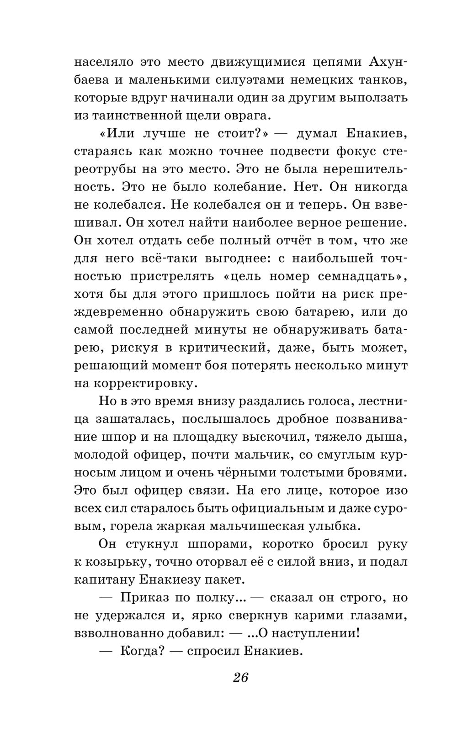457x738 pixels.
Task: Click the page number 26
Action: point(240,677)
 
